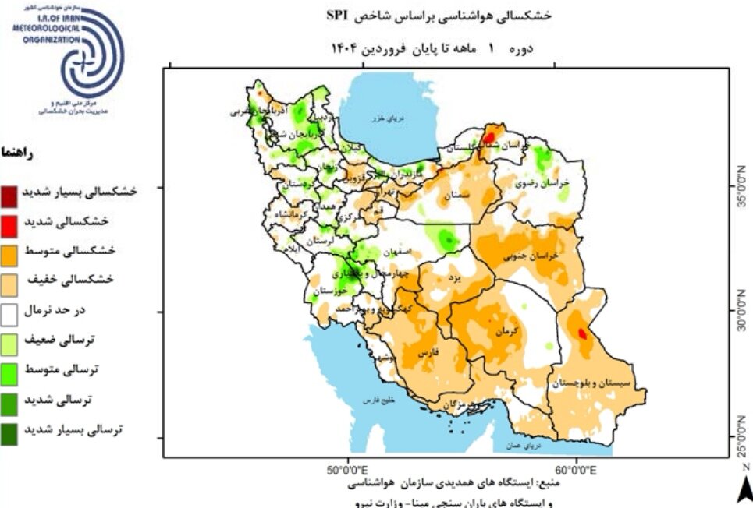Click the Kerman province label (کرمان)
tap(506, 331)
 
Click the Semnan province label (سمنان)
tap(458, 196)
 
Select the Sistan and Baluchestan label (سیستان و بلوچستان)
tap(594, 383)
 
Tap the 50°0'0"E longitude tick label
tap(346, 470)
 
